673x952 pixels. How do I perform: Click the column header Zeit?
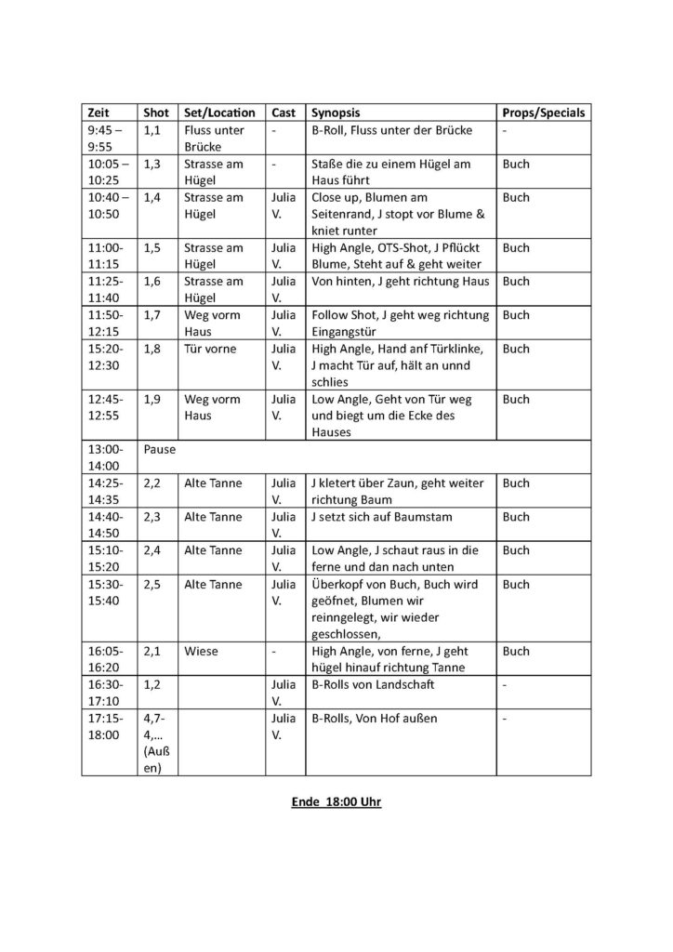coord(96,113)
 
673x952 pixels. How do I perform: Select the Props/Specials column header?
coord(542,113)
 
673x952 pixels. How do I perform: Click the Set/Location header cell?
coord(219,113)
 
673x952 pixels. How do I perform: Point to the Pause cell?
coord(160,449)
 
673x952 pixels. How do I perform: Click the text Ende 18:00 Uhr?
coord(336,801)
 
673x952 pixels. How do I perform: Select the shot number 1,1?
coord(153,130)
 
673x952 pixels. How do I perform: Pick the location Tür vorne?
coord(210,349)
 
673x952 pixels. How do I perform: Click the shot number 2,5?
coord(153,585)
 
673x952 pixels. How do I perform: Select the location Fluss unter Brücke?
coord(214,139)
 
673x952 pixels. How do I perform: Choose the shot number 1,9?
coord(153,400)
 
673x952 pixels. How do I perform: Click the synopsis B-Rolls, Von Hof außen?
coord(374,720)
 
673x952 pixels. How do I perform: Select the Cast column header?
coord(284,113)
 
